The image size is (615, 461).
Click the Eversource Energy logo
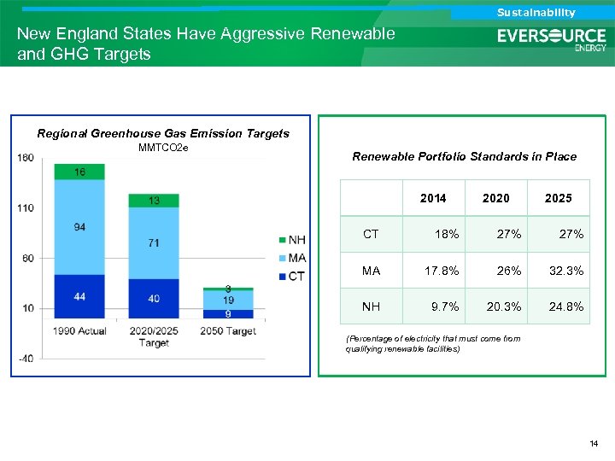coord(552,38)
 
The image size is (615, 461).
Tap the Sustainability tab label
coord(536,12)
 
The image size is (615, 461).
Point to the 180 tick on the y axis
coord(25,157)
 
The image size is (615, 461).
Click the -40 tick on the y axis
coord(25,358)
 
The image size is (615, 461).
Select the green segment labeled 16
coord(79,172)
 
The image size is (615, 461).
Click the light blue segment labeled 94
coord(79,227)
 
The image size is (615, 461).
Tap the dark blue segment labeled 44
coord(79,296)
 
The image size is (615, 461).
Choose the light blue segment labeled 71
coord(154,242)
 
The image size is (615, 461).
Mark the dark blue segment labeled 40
coord(154,298)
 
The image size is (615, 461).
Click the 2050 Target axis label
coord(229,330)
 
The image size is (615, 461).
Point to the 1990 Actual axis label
coord(79,330)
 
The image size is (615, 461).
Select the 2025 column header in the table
coord(558,198)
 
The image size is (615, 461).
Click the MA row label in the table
coord(372,271)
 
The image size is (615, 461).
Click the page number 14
coord(594,444)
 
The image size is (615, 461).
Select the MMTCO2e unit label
coord(163,148)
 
